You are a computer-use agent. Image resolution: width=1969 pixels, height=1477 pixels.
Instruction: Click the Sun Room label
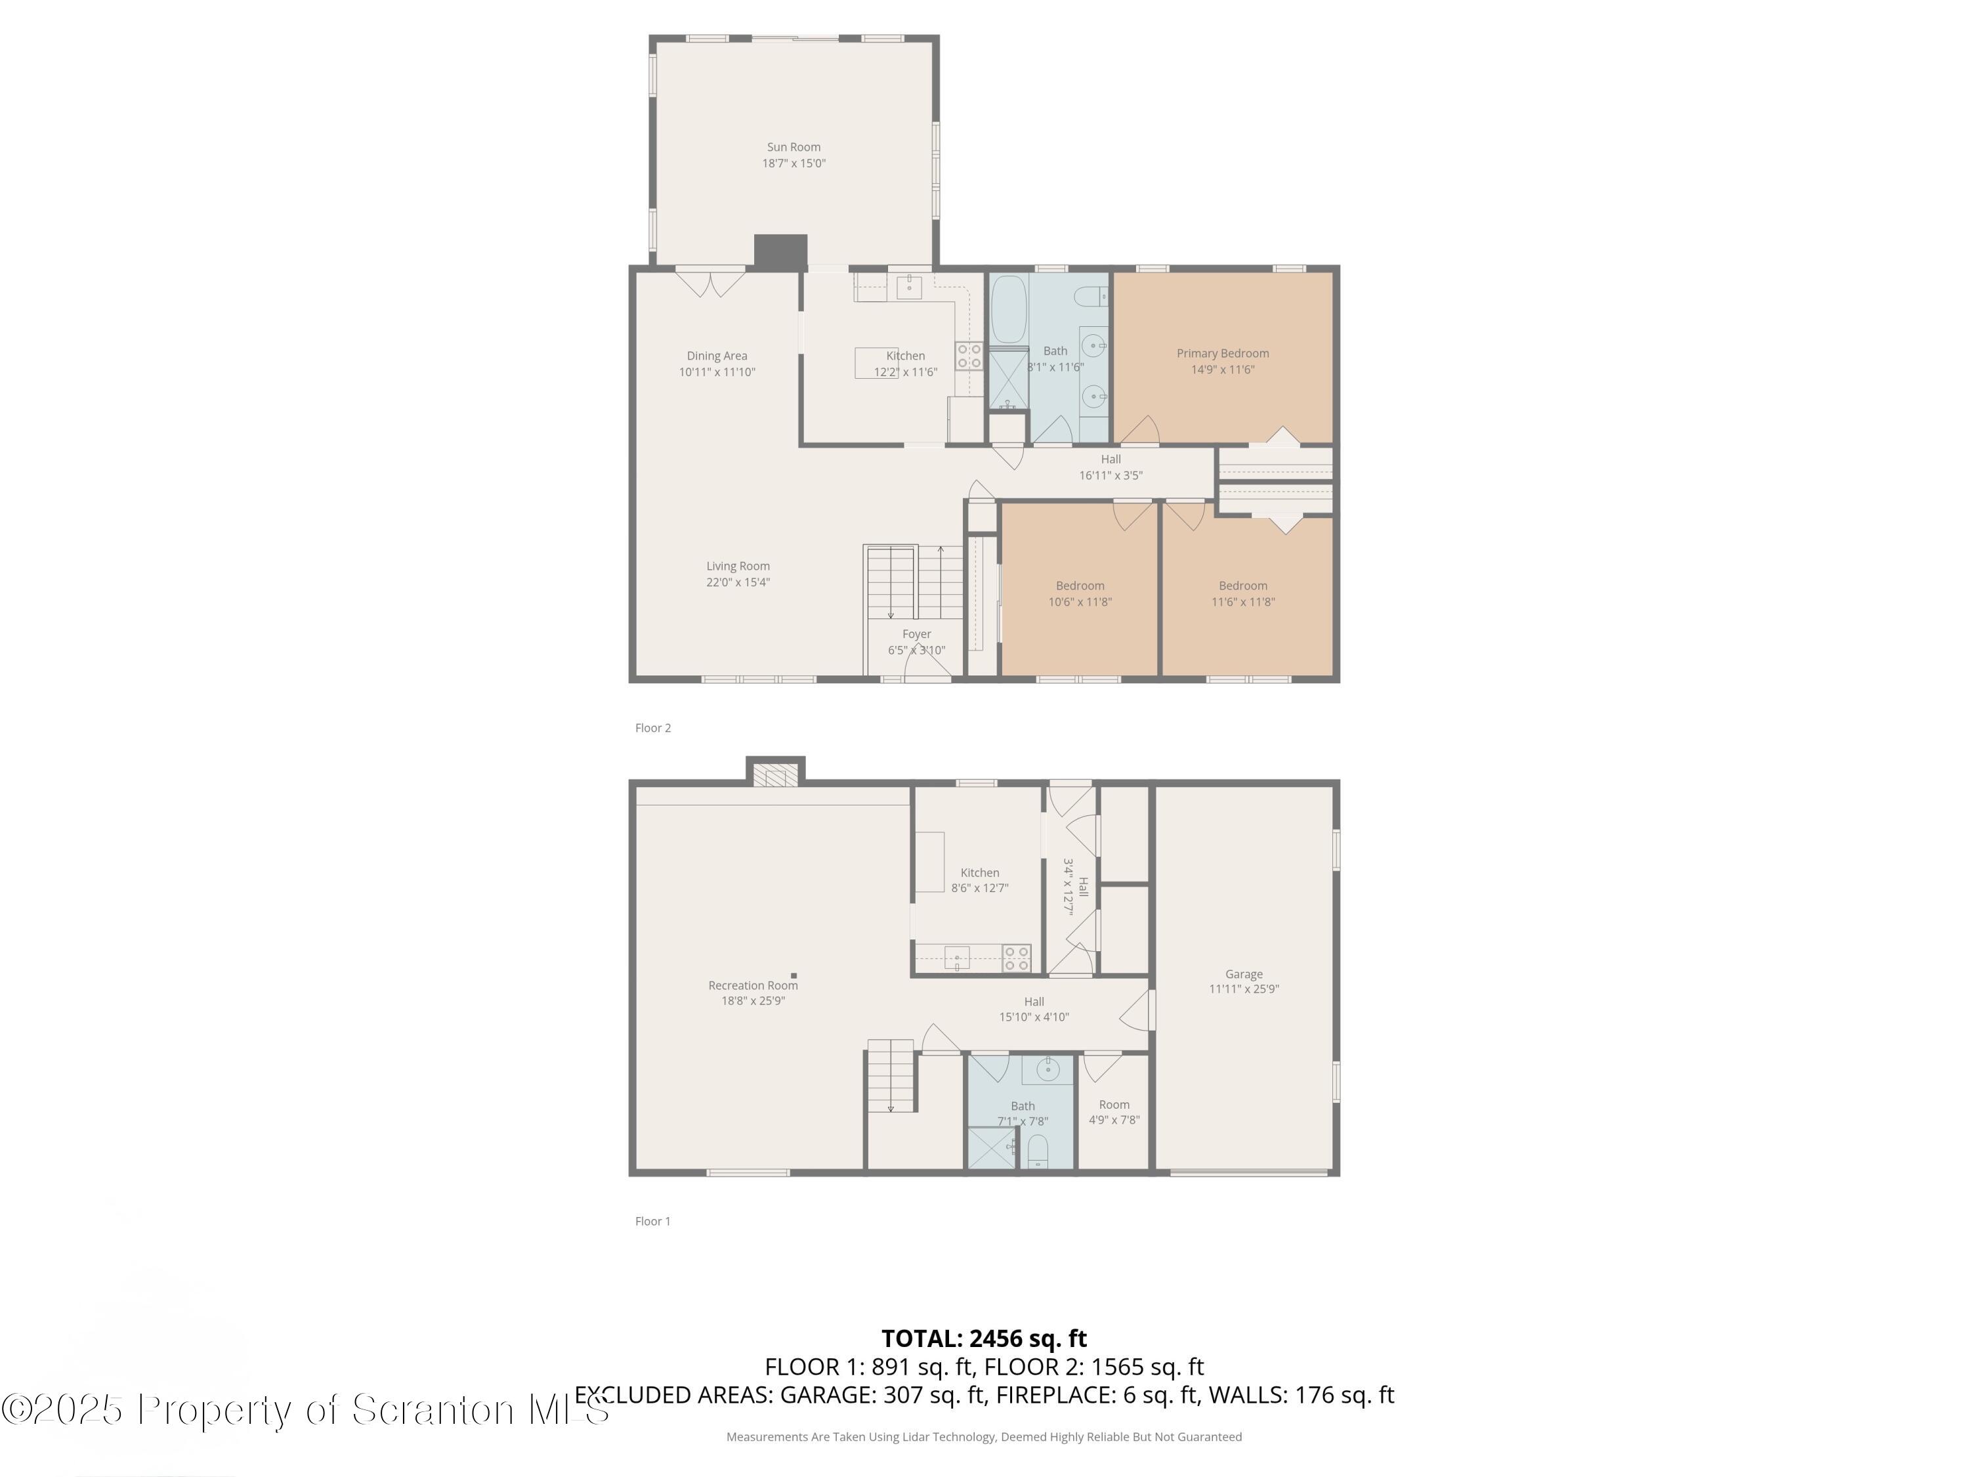tap(793, 148)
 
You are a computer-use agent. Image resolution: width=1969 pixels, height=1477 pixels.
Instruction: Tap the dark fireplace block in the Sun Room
tap(780, 251)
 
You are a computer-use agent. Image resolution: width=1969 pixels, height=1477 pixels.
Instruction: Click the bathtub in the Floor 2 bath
tap(1009, 310)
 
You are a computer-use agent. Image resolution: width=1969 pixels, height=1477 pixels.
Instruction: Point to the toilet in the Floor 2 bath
tap(1090, 295)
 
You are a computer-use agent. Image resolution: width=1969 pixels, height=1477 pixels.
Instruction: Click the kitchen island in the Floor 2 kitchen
tap(876, 363)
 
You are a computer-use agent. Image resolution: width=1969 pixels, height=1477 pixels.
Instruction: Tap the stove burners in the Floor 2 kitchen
tap(969, 356)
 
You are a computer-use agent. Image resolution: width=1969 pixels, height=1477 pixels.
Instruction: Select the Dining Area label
tap(717, 356)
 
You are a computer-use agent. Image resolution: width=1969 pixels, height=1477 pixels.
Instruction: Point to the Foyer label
tap(916, 635)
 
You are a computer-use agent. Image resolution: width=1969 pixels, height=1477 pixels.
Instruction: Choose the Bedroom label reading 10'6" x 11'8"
tap(1080, 594)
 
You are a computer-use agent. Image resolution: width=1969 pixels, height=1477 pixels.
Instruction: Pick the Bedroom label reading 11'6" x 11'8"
tap(1242, 594)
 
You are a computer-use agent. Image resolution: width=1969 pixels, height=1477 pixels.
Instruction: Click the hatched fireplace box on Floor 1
tap(775, 775)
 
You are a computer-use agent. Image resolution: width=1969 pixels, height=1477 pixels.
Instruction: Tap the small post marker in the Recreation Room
tap(793, 975)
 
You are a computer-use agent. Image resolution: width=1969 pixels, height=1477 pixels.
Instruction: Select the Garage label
tap(1244, 974)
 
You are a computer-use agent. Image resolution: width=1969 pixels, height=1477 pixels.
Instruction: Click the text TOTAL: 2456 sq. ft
tap(984, 1338)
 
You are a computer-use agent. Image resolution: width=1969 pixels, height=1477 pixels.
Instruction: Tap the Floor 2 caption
tap(652, 728)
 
